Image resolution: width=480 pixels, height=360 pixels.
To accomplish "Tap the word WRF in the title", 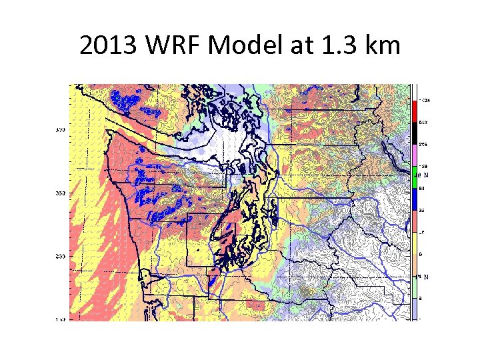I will [170, 46].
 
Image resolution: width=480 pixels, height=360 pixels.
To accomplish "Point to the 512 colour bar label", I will [423, 123].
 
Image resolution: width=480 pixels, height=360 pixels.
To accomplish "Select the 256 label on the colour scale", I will [423, 145].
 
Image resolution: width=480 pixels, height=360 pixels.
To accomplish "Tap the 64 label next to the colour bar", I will [422, 189].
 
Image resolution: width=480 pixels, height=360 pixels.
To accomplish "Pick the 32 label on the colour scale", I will [422, 211].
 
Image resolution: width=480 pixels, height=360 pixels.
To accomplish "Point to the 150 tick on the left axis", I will [60, 320].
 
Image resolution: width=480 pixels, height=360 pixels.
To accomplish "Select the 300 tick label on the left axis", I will [60, 129].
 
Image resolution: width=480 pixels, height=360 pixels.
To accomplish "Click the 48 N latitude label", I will [422, 175].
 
